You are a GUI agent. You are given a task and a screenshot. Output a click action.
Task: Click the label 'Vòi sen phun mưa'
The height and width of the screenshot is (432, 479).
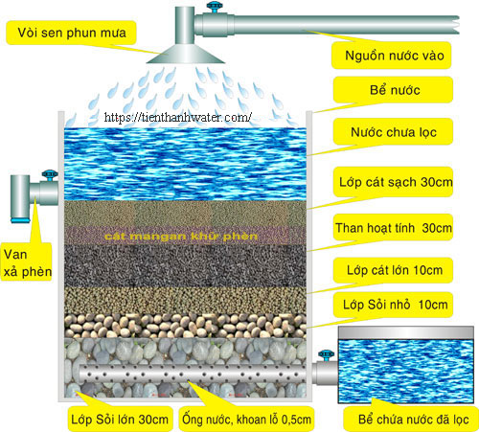72,33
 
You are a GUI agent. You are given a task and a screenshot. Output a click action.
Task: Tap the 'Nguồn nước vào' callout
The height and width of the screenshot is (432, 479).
395,56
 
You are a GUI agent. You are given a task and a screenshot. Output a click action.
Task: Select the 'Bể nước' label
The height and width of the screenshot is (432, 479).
395,90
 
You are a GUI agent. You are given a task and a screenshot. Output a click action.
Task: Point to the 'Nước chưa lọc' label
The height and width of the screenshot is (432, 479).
394,132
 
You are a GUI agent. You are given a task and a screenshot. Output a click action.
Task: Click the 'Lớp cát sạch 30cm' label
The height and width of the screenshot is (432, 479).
396,182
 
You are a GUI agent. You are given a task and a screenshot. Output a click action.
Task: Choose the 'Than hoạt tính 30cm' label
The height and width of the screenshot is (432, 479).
394,228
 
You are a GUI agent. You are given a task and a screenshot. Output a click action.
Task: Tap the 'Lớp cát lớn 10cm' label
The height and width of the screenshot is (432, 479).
395,270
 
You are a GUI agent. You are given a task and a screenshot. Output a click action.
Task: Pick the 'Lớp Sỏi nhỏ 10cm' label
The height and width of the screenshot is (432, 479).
396,305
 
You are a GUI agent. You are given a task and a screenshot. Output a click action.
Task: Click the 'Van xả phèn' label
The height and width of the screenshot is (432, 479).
28,262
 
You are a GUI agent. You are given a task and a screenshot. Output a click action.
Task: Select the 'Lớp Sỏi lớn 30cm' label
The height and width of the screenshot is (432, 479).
120,420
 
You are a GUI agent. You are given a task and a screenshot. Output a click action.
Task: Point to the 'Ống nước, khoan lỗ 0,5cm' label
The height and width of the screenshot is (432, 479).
246,420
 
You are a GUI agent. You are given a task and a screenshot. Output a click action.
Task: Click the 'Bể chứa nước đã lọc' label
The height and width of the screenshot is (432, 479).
414,420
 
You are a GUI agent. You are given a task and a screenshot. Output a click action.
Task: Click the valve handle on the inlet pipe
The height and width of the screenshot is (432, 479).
214,7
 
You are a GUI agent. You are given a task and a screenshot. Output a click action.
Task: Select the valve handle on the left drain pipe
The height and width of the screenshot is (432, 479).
50,175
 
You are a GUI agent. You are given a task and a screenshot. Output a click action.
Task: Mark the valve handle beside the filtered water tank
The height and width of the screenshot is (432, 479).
327,355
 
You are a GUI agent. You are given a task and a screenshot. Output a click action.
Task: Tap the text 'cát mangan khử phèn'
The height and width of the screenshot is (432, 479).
181,237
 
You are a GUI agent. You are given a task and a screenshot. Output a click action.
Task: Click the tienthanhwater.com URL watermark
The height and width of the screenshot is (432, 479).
178,117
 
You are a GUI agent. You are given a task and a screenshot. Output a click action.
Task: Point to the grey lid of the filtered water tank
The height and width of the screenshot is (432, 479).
406,332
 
